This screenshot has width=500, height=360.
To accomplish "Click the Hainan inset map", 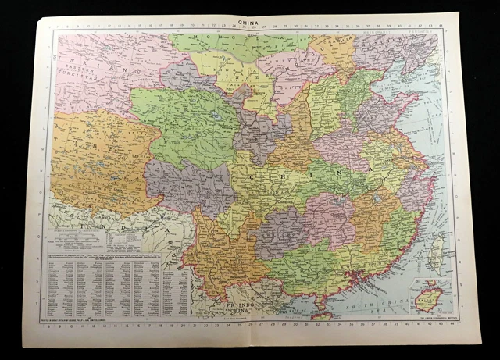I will (x=430, y=298).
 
